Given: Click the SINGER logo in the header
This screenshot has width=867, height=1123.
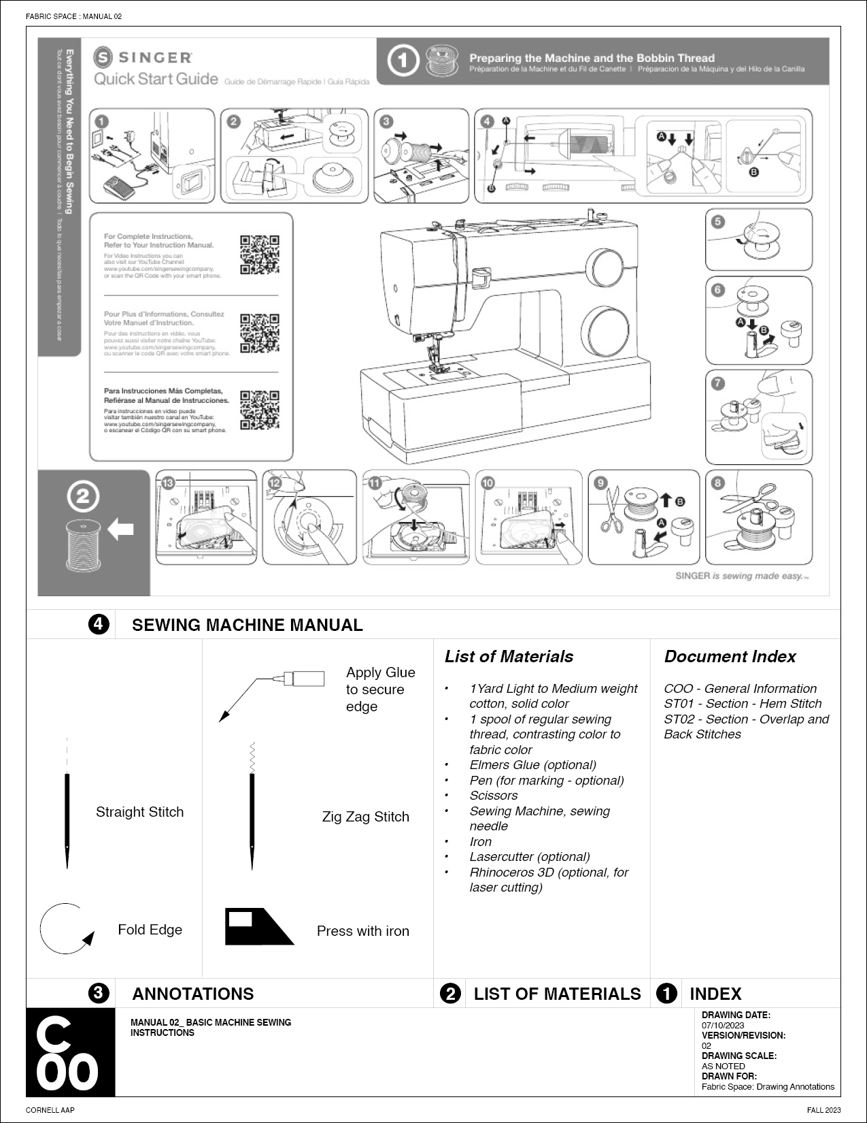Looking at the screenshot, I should (143, 57).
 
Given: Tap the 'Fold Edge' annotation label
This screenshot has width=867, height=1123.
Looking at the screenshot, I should (150, 930).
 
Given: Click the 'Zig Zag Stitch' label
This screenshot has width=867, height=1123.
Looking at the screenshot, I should (365, 817).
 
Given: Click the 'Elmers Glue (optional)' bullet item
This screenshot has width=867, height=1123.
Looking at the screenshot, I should (532, 765).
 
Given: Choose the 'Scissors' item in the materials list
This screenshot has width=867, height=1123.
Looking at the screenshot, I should (493, 796).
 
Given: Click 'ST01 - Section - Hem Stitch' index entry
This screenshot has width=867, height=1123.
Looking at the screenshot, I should (743, 704).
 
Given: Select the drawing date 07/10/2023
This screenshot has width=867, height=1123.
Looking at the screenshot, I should (723, 1025).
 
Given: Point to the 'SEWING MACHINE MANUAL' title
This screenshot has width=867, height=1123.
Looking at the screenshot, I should (247, 625).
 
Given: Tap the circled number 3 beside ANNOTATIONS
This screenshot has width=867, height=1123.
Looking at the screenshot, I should (99, 993).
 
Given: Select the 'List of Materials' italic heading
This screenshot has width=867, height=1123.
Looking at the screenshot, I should (509, 657).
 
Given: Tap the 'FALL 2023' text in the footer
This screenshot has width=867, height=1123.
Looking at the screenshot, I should (825, 1110).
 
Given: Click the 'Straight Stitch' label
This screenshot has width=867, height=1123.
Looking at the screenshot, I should (139, 812).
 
